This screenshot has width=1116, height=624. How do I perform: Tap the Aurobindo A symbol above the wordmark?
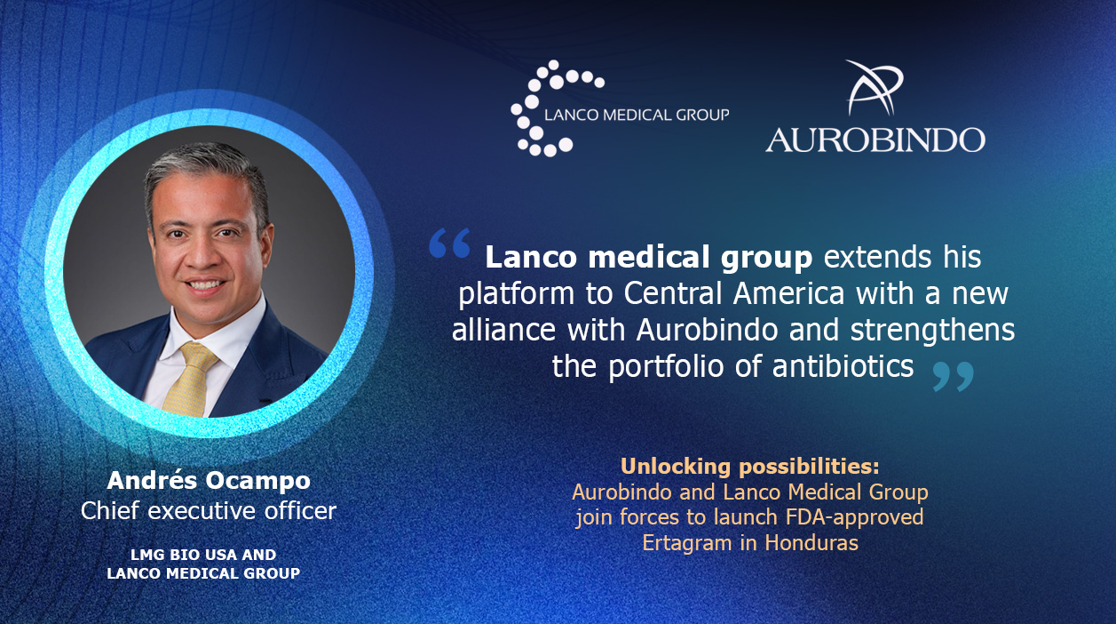pos(875,88)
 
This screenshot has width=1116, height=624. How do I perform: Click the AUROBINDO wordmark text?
pos(875,140)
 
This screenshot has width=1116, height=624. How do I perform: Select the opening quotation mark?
pos(450,243)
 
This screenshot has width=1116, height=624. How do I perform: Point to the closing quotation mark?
pos(954,377)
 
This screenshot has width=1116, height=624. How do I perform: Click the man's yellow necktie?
pos(188,379)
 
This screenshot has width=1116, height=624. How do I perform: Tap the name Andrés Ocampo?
pos(209,480)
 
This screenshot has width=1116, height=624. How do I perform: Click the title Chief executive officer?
pos(209,511)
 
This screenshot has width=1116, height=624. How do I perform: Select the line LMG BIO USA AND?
pos(203,555)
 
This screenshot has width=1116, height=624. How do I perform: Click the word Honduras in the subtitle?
pos(811,543)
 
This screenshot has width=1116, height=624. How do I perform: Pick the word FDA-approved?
pos(854,517)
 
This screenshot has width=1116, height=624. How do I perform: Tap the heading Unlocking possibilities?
pos(750,467)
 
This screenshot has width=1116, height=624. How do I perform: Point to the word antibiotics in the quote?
pos(843,366)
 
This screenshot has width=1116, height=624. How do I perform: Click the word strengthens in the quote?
pos(932,330)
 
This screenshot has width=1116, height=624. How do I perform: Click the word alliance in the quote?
pos(503,330)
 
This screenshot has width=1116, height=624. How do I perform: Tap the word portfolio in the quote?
pos(666,366)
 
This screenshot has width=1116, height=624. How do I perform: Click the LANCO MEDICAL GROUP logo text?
pos(637,116)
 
